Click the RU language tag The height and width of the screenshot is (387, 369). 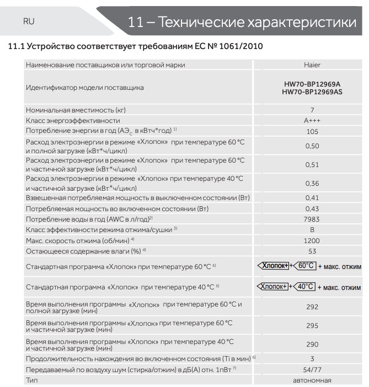click(29, 21)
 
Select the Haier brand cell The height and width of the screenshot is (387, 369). click(312, 65)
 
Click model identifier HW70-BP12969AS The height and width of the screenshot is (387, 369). click(312, 92)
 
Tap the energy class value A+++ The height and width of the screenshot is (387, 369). click(312, 120)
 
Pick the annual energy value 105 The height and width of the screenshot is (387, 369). click(312, 131)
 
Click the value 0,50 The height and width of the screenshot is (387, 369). click(312, 146)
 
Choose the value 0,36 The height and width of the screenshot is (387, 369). click(312, 183)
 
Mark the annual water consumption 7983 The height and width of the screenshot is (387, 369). click(312, 219)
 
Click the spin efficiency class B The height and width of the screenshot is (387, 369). click(312, 229)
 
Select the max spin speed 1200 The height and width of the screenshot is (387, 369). click(312, 240)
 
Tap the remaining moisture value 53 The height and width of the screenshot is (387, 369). click(312, 251)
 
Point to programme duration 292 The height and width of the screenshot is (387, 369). click(312, 307)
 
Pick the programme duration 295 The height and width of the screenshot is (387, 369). click(312, 326)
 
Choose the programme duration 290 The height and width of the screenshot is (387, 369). click(312, 344)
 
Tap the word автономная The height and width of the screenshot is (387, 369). click(312, 380)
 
